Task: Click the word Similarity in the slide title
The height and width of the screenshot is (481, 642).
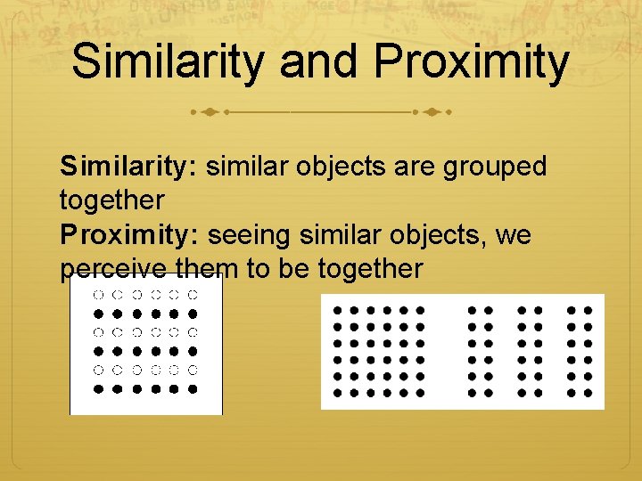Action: click(x=168, y=62)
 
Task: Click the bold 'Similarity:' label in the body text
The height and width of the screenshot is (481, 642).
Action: click(x=130, y=167)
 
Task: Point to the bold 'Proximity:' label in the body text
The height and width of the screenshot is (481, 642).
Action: click(x=130, y=235)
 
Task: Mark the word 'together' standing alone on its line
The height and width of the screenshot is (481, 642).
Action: click(x=112, y=201)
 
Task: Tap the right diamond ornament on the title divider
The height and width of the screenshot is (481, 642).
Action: click(x=432, y=113)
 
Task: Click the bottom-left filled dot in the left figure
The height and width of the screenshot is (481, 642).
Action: click(x=97, y=389)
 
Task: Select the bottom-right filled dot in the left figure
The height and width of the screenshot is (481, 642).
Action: click(x=192, y=389)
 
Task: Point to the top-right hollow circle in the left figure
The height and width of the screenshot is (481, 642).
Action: click(x=192, y=294)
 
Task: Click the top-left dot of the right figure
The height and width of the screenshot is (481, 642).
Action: click(x=338, y=311)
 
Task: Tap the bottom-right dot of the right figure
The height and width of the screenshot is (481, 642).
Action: click(x=588, y=392)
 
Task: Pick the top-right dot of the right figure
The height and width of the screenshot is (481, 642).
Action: click(x=588, y=311)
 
